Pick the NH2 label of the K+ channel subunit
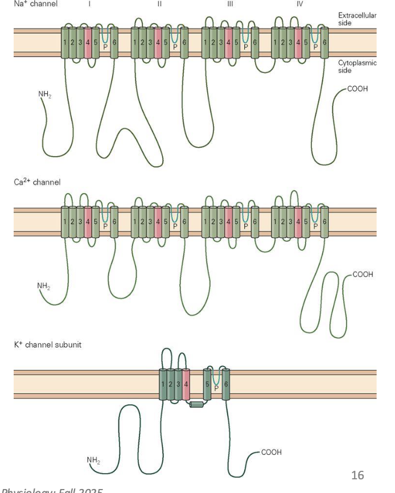[x=93, y=459]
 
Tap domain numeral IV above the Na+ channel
[x=299, y=3]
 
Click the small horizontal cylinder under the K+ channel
[x=196, y=405]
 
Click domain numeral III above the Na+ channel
[x=229, y=3]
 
